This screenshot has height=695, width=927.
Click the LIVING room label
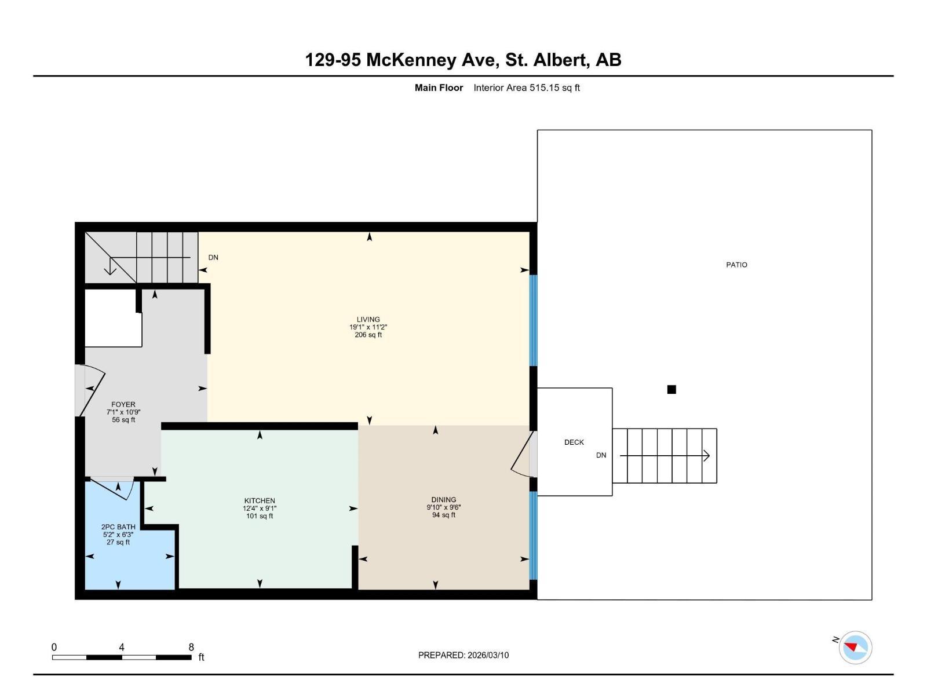pos(368,319)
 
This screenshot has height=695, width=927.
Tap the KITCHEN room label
pos(260,500)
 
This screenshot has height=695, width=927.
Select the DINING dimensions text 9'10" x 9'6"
pos(444,507)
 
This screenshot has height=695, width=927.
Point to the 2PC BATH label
pos(118,527)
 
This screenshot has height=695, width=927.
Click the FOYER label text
pos(123,405)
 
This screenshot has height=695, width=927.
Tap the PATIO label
pos(736,265)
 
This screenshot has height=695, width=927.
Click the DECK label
pos(574,442)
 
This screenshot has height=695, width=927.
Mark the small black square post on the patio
pos(671,390)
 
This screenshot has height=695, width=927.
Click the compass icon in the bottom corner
pos(855,648)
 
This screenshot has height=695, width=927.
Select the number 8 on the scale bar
pos(191,648)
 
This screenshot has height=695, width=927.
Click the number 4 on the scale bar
pos(122,648)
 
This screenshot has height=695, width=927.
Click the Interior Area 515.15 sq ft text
pos(526,88)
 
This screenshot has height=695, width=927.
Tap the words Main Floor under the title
pos(439,88)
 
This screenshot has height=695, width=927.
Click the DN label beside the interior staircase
pos(213,258)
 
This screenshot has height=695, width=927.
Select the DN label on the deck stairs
pos(601,455)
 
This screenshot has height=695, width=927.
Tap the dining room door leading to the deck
pos(523,454)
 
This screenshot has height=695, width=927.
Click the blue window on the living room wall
pos(533,320)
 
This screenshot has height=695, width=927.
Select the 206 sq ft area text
pos(368,335)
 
